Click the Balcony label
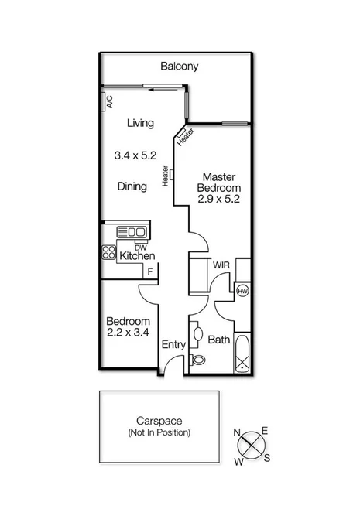(x=179, y=67)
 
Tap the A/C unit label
(x=109, y=101)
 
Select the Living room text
(x=140, y=123)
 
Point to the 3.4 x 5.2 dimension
(x=135, y=155)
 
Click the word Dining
(x=132, y=186)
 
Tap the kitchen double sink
(x=132, y=231)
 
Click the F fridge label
(x=150, y=272)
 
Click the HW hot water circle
(x=242, y=292)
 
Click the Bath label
(x=219, y=340)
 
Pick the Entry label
(x=173, y=346)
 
